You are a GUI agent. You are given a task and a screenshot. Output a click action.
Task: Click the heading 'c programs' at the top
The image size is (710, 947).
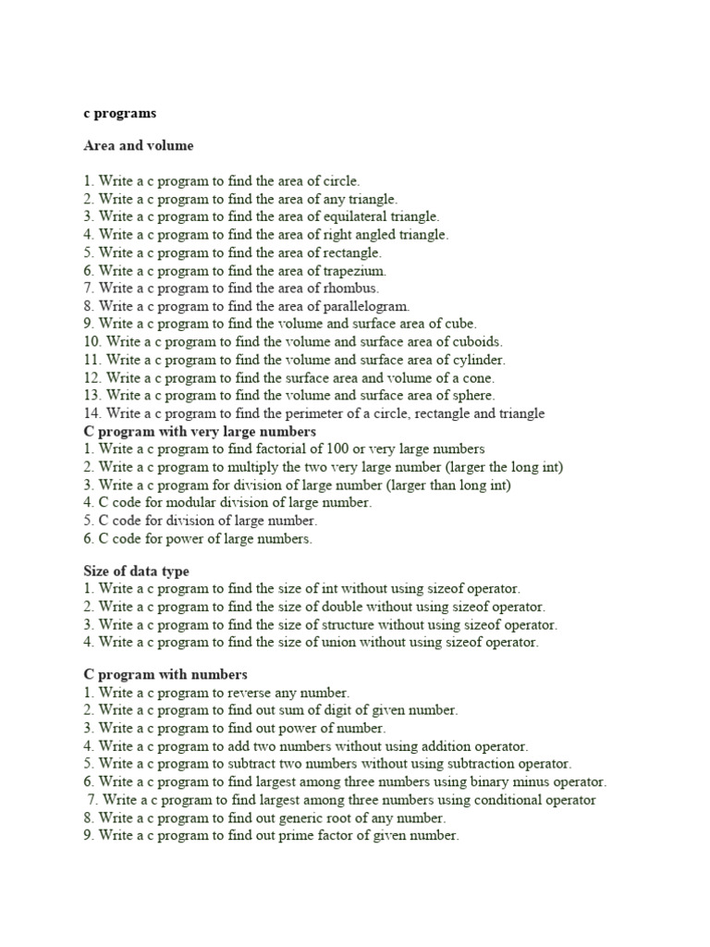click(x=119, y=114)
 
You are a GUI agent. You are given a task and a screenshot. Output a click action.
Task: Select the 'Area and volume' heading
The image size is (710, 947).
click(x=139, y=146)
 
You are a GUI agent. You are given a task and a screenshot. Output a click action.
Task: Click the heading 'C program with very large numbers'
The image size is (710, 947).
click(x=200, y=431)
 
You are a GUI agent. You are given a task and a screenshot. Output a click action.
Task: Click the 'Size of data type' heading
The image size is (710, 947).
click(x=136, y=571)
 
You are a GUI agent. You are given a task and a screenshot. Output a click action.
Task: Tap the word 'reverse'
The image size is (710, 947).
click(x=265, y=692)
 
